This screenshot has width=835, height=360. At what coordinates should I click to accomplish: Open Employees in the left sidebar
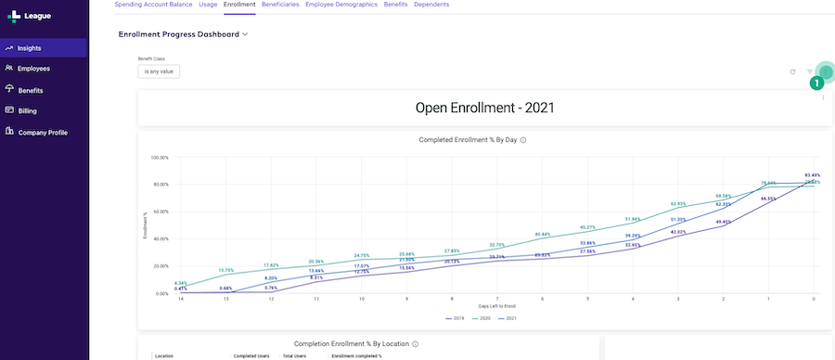33,69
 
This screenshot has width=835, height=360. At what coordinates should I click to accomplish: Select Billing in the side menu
27,111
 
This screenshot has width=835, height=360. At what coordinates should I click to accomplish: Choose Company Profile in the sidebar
43,133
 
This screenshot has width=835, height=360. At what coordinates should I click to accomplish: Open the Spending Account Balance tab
153,5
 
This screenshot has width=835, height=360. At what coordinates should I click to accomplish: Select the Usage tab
208,5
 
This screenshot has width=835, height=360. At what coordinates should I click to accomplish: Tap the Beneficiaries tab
280,5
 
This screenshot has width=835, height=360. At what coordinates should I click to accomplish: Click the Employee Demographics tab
340,5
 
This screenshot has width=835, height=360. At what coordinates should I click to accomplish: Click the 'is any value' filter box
159,71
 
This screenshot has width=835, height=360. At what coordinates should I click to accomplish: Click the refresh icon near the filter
792,71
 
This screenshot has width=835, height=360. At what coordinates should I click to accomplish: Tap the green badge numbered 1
817,83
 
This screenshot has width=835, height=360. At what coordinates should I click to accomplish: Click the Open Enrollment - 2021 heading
484,108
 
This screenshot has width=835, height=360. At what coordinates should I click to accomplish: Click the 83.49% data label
812,175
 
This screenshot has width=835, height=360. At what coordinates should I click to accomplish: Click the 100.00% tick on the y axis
159,158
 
